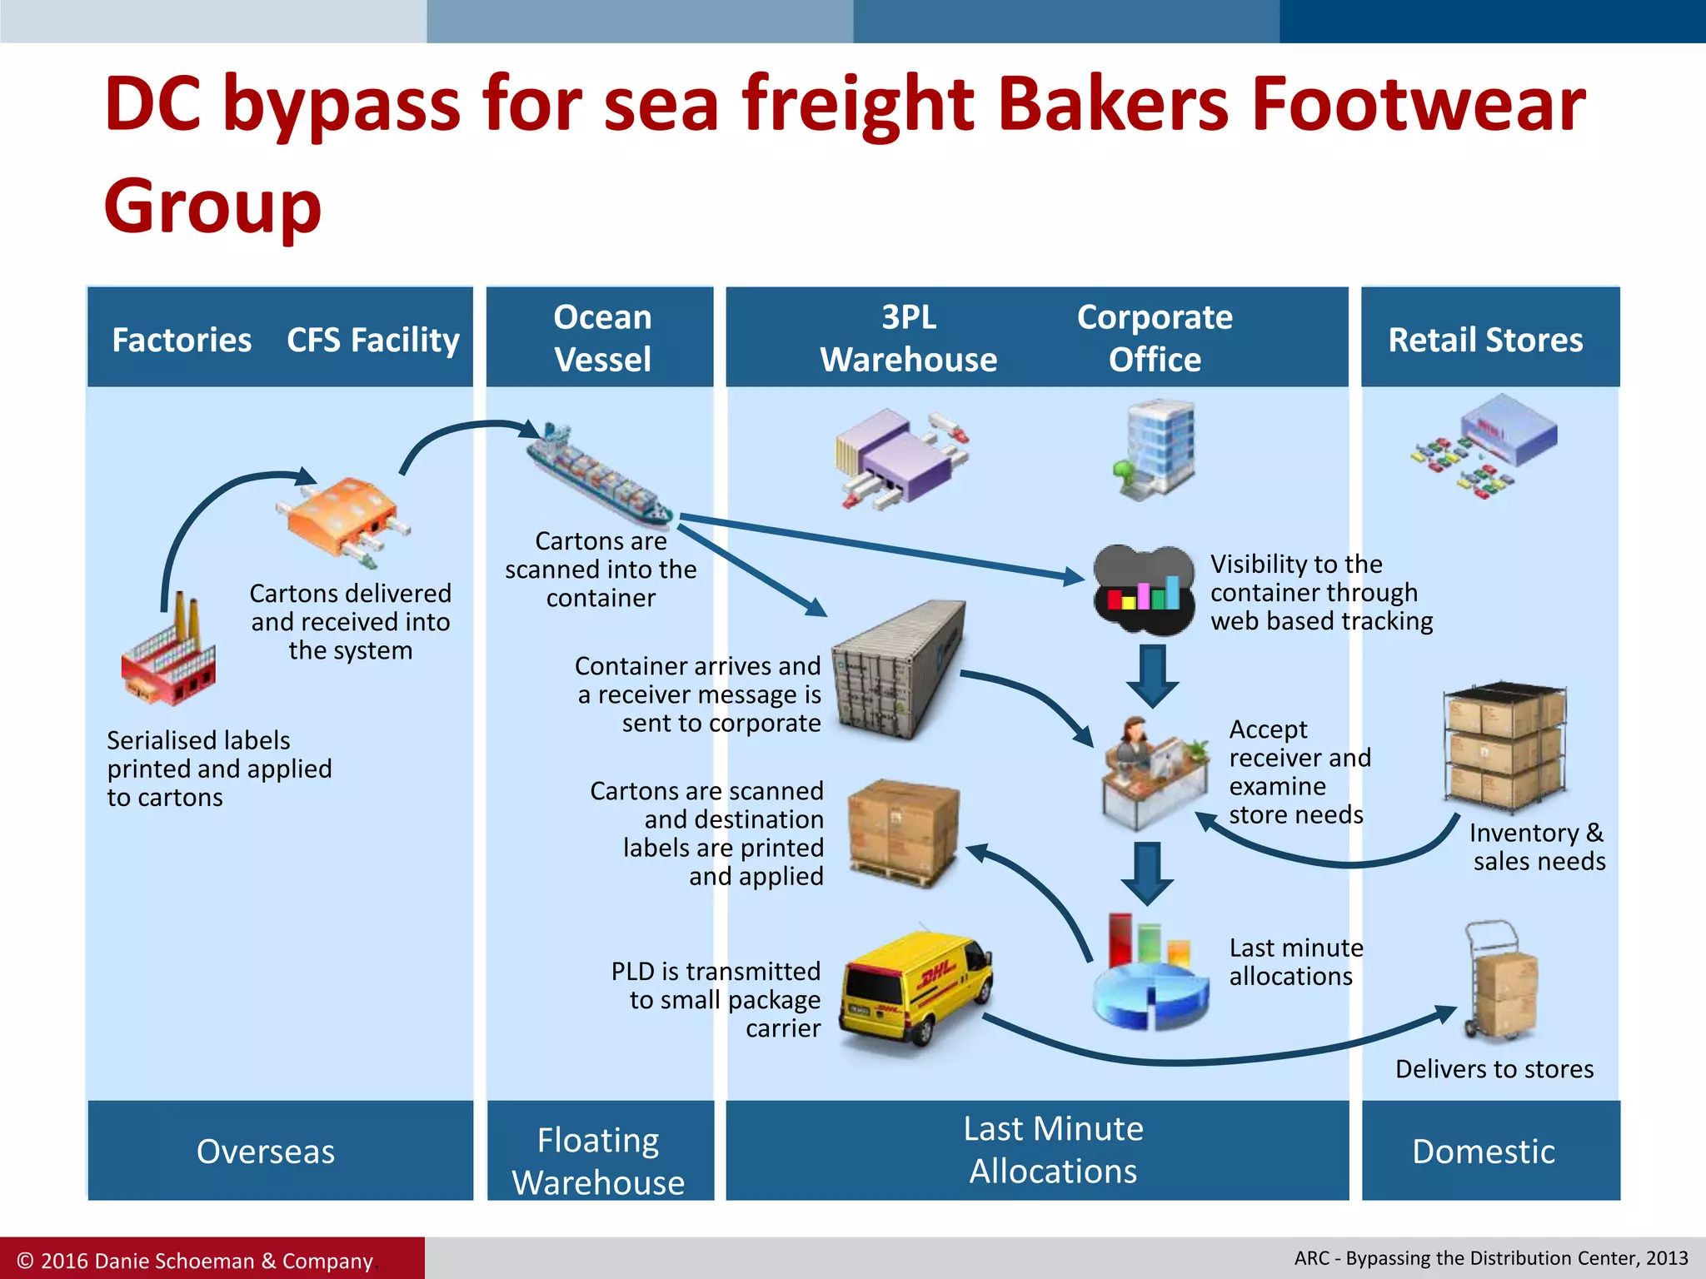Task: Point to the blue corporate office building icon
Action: [1157, 450]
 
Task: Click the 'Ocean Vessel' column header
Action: [601, 338]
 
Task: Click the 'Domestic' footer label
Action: [1484, 1152]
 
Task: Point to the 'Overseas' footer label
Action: [266, 1152]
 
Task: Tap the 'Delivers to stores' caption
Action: [1494, 1069]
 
